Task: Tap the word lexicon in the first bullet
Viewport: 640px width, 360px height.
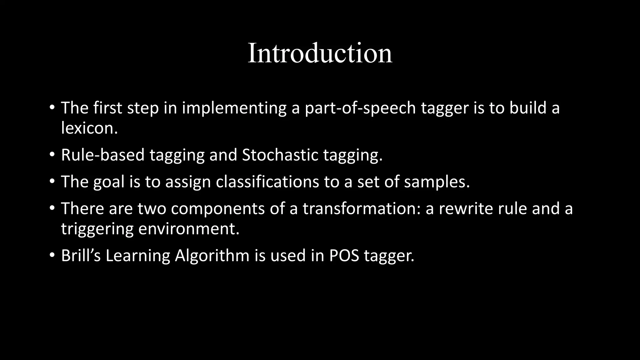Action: [89, 128]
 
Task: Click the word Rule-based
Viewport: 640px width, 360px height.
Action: [102, 155]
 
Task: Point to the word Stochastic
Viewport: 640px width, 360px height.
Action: [280, 155]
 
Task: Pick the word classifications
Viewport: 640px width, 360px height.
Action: [267, 182]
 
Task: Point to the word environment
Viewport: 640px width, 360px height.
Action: [189, 229]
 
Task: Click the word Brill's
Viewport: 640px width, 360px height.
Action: [81, 256]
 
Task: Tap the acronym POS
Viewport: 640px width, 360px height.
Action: [344, 256]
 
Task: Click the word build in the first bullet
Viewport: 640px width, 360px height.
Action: [528, 108]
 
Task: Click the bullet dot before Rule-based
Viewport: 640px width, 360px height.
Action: [52, 155]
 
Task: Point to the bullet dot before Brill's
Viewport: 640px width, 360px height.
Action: [52, 255]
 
